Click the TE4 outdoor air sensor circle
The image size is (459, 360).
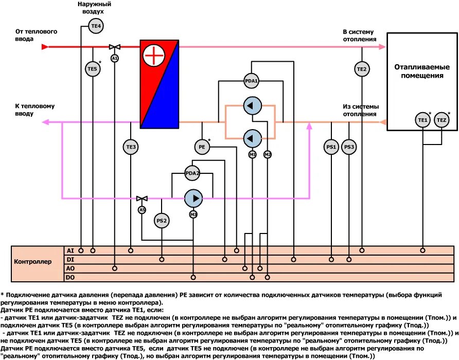tap(96, 26)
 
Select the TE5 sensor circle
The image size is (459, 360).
tap(92, 68)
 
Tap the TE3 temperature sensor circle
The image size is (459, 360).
tap(131, 148)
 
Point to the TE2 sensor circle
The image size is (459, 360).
tap(362, 68)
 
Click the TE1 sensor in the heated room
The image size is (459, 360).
tap(422, 120)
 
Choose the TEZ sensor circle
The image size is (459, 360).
tap(442, 120)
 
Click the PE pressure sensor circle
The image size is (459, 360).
tap(202, 147)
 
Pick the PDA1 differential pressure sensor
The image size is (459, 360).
tap(251, 81)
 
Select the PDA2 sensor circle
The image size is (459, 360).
tap(192, 174)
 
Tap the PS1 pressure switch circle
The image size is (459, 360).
tap(331, 148)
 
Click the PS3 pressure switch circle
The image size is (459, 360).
tap(349, 148)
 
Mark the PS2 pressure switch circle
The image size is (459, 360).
tap(162, 221)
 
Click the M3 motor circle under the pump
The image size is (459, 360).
tap(193, 214)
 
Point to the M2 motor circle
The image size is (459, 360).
tap(268, 154)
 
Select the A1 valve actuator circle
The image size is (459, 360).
tap(115, 58)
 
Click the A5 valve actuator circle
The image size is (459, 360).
tap(142, 210)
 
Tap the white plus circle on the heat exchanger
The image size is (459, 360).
tap(153, 56)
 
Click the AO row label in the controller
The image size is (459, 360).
tap(70, 268)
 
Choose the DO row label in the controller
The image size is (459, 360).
tap(70, 278)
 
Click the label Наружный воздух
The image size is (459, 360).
tap(95, 7)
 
